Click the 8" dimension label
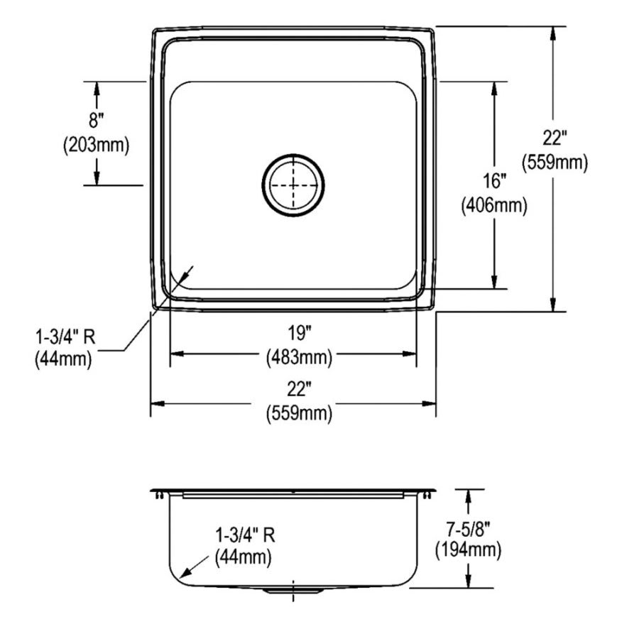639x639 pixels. (x=97, y=120)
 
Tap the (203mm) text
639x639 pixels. (x=96, y=145)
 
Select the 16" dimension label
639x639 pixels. (x=494, y=181)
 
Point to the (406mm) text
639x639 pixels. (x=494, y=205)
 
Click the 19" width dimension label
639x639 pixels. (x=300, y=334)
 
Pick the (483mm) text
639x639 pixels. (x=300, y=357)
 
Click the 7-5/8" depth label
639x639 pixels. (x=469, y=530)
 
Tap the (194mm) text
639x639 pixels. (x=469, y=550)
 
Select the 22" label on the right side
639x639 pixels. (x=555, y=138)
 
